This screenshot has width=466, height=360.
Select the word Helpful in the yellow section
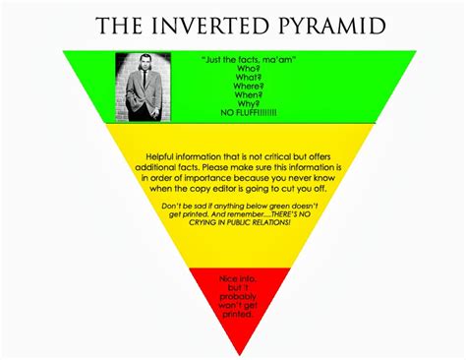point(163,157)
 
